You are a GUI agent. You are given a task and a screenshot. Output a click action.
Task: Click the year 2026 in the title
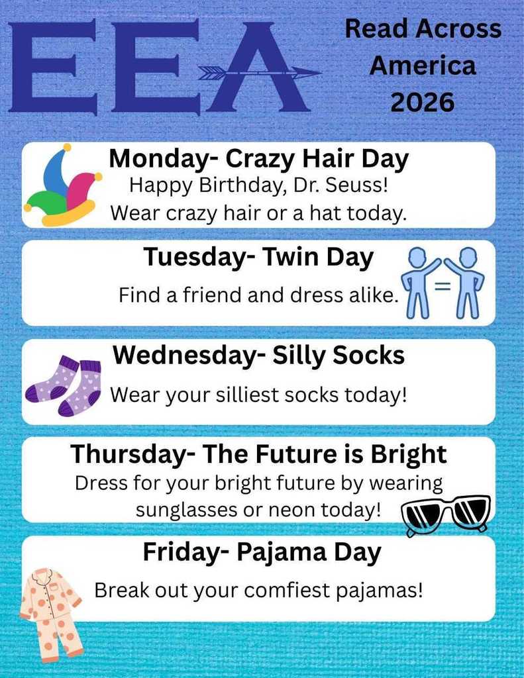tap(423, 103)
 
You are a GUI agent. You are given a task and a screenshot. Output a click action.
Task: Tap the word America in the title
tap(423, 66)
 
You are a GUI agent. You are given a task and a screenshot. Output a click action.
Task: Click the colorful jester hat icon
tap(63, 187)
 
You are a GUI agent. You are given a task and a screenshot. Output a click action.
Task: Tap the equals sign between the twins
tap(443, 287)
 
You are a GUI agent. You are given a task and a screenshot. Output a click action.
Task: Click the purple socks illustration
tap(63, 385)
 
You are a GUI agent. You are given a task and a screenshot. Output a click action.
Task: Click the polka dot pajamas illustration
tap(51, 613)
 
